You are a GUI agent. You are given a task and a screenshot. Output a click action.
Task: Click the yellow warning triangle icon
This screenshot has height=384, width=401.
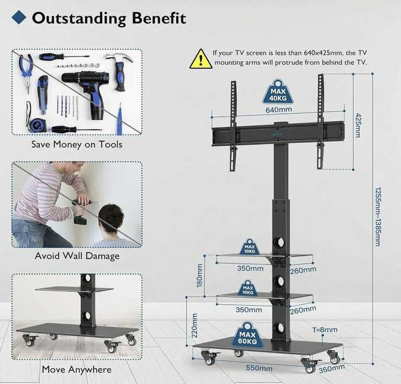coord(201,59)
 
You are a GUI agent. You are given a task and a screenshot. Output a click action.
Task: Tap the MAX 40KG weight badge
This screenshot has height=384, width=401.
coord(279,92)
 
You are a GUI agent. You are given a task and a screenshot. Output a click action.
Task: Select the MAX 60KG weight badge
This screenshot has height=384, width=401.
coord(247,335)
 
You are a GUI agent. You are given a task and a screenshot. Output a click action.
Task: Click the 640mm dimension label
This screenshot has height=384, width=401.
coord(279,110)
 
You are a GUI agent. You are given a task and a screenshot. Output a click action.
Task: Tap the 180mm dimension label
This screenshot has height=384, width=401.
coord(199,276)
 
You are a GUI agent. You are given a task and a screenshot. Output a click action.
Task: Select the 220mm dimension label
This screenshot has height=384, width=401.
coord(194,325)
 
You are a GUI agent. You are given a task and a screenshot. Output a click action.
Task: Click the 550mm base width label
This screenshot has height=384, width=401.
coord(259,368)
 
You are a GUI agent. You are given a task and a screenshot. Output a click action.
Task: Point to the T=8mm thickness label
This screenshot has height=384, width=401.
coord(325,330)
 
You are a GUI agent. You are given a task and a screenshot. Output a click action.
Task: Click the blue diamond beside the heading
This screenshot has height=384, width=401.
coord(19,18)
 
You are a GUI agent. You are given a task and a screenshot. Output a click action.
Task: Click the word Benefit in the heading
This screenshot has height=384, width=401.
coord(159,18)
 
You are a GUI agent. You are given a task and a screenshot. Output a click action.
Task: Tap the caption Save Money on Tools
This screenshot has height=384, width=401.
coord(77,144)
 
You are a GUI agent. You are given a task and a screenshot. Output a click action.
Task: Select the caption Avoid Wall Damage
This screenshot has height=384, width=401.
coord(77,256)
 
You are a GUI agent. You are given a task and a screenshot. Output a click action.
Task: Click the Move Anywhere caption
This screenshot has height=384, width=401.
coord(77,369)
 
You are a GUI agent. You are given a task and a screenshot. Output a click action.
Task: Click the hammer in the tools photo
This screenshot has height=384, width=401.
coord(121,71)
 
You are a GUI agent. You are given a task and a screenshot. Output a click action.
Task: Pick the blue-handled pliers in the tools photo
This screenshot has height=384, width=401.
coord(26,73)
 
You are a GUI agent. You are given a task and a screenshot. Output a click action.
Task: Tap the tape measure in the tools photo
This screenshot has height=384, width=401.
coord(35,120)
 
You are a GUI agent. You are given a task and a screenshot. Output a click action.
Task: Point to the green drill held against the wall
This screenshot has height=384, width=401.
coord(81,211)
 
